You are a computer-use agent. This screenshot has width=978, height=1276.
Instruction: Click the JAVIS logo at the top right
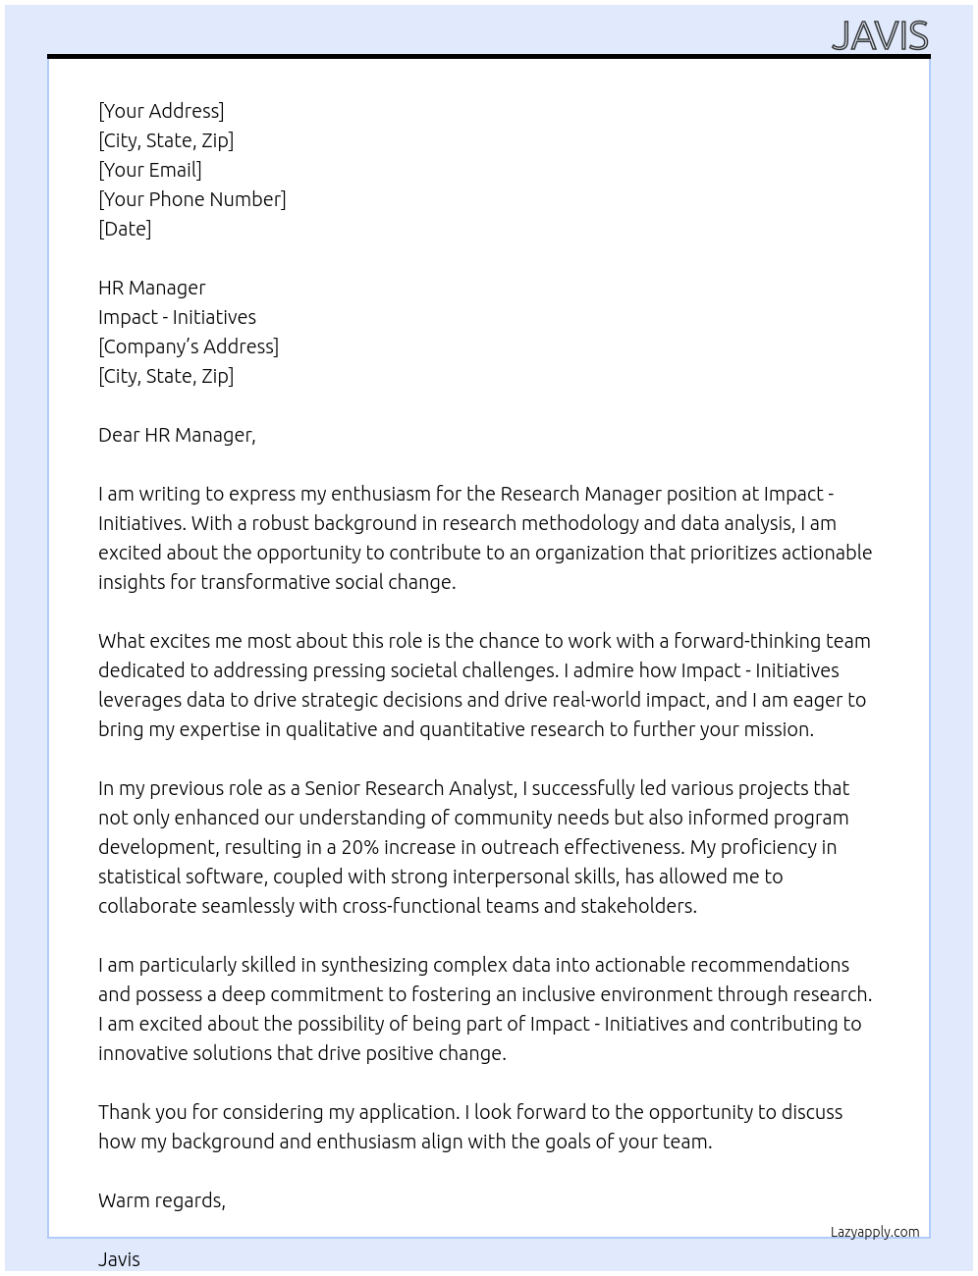point(879,35)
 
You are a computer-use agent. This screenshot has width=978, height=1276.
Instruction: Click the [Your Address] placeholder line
point(161,111)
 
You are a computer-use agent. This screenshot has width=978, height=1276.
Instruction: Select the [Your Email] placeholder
point(150,170)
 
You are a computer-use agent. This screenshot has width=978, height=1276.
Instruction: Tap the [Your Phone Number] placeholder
point(192,199)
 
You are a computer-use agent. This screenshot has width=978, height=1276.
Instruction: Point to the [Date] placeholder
point(125,229)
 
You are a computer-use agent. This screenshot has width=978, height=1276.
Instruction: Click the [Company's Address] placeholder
point(189,346)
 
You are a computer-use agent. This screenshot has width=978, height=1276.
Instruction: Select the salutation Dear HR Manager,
point(177,435)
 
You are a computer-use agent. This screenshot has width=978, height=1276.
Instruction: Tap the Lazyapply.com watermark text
point(875,1232)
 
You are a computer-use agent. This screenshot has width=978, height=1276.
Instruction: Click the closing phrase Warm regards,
point(162,1200)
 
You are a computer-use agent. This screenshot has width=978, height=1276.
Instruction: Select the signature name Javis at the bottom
point(119,1259)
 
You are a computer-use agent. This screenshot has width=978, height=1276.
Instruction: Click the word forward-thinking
point(746,641)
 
